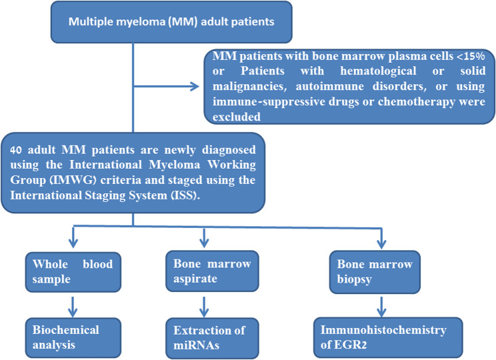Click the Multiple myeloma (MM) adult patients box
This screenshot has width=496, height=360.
171,22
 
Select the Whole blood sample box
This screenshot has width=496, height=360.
73,272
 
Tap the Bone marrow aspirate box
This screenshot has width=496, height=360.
212,271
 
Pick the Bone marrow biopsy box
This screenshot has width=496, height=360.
375,272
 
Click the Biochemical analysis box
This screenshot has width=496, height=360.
73,337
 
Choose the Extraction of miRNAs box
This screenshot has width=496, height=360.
212,338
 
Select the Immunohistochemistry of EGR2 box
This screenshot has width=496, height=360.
388,337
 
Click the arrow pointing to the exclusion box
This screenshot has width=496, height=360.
166,86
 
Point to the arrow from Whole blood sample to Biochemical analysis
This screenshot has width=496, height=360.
73,307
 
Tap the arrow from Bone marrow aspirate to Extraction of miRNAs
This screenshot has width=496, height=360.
204,307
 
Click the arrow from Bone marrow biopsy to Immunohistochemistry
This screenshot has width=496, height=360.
381,307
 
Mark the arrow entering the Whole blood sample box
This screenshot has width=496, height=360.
73,237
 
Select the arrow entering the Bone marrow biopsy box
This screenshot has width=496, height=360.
381,238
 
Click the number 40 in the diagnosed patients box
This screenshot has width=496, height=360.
16,150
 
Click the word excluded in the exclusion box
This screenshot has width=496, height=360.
237,117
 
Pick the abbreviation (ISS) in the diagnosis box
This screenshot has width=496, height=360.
185,195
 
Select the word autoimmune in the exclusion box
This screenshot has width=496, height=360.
329,87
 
